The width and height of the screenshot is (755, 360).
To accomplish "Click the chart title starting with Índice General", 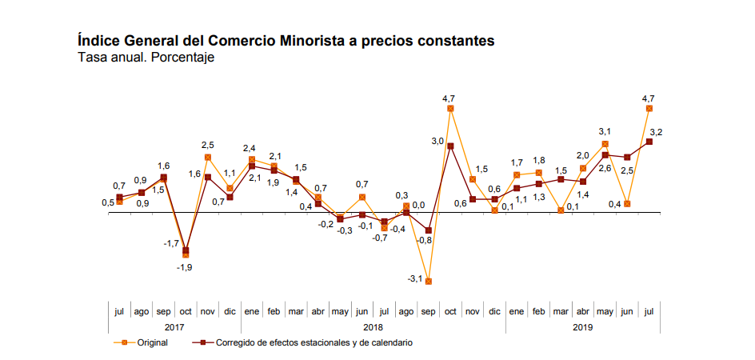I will click(286, 40).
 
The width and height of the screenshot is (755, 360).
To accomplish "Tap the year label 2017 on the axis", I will click(174, 326).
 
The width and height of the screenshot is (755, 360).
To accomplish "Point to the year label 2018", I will click(372, 326).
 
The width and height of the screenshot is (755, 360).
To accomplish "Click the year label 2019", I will click(583, 326).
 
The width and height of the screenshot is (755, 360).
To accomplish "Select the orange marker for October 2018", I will click(451, 108).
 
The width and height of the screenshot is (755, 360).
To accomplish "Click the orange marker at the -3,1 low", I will click(429, 281).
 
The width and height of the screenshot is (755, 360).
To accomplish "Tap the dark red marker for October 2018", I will click(451, 146).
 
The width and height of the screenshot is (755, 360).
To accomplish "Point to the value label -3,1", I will click(415, 278).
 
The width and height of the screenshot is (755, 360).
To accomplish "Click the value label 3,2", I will click(656, 132).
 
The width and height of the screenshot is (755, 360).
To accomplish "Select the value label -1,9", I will click(184, 267).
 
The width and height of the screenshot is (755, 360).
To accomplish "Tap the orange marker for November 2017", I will click(208, 157).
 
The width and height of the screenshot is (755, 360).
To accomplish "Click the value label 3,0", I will click(437, 142).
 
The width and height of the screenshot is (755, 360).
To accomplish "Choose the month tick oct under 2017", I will click(186, 310).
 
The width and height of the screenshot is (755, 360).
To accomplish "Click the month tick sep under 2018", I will click(429, 310).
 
